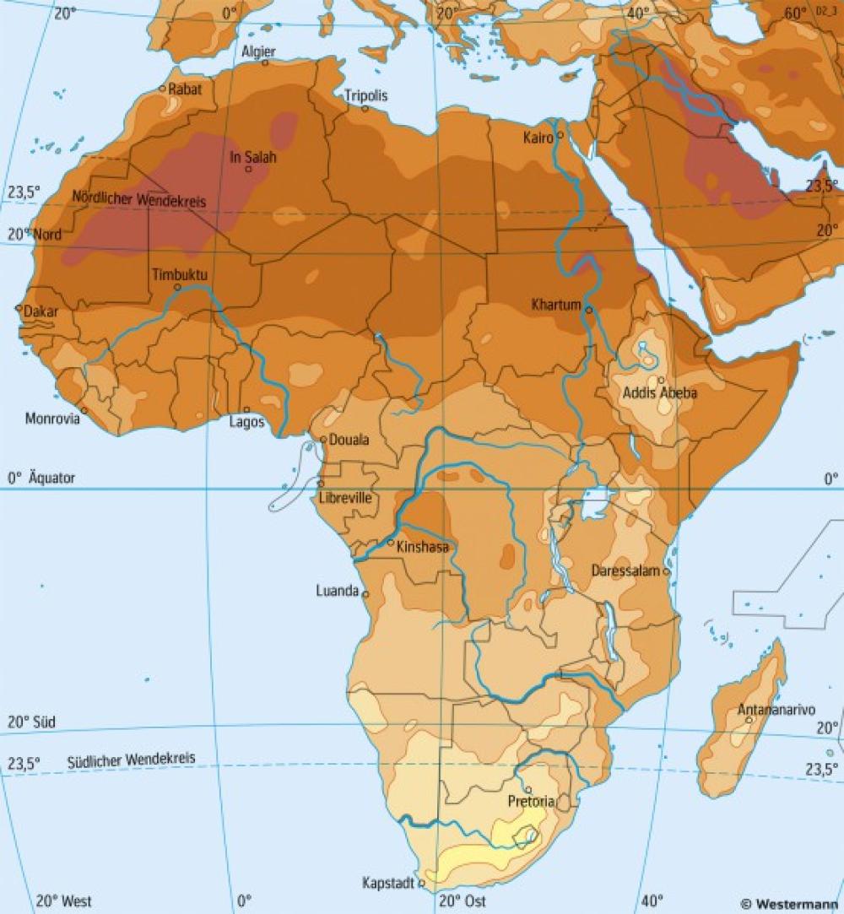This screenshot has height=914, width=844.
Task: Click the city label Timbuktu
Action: click(x=180, y=274)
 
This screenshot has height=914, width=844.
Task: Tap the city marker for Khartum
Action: click(x=588, y=309)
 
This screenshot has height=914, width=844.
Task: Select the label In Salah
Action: click(x=253, y=157)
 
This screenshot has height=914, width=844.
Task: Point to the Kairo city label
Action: click(x=538, y=137)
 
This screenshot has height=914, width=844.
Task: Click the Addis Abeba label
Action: click(x=660, y=393)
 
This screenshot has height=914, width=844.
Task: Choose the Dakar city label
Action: click(x=41, y=311)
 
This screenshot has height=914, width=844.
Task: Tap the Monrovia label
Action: click(x=53, y=418)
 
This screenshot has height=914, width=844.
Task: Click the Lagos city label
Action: click(x=247, y=421)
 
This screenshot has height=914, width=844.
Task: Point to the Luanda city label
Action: click(x=338, y=591)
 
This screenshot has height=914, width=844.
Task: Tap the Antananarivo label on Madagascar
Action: click(x=771, y=710)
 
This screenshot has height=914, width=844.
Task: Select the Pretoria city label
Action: click(x=531, y=801)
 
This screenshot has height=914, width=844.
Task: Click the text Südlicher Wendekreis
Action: click(x=131, y=760)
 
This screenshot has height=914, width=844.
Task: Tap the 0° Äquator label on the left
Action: click(x=41, y=478)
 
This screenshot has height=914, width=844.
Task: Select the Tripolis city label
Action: click(x=366, y=96)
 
